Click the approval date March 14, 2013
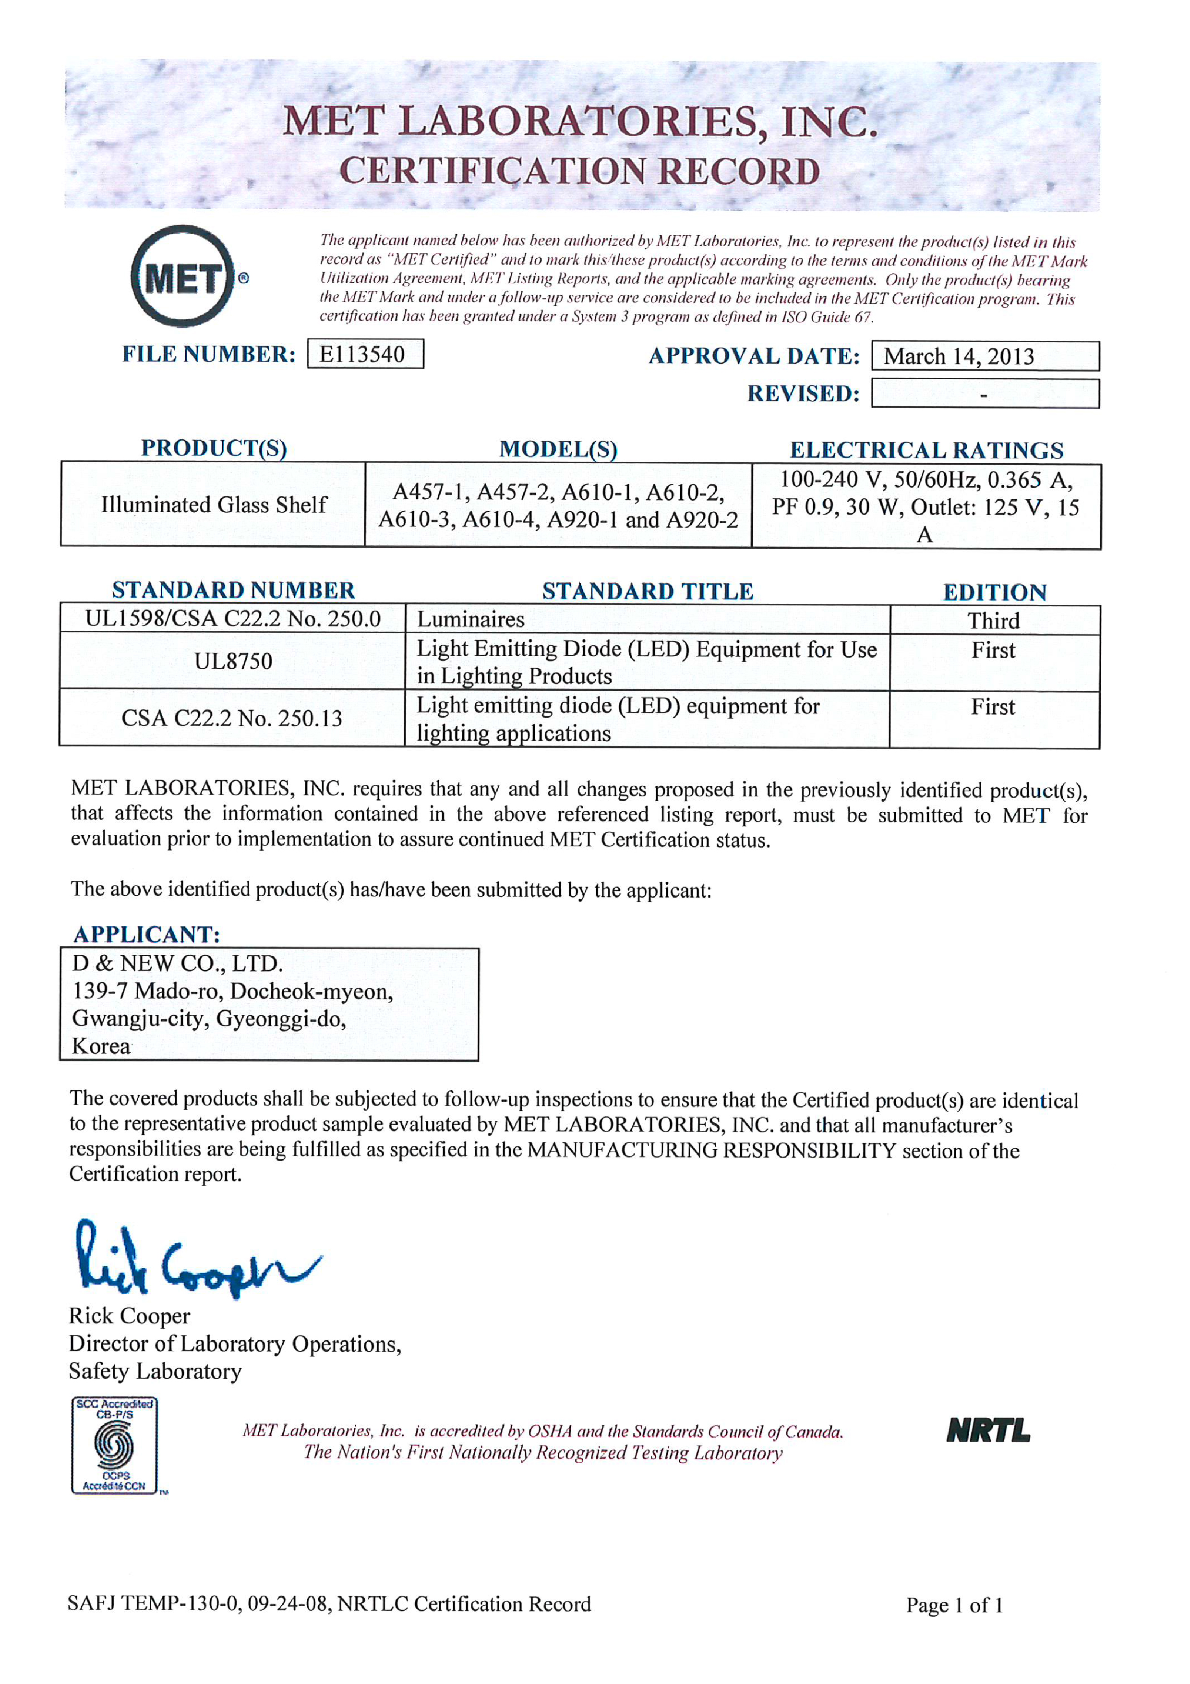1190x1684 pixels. pos(959,357)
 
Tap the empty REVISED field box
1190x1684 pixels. pos(984,394)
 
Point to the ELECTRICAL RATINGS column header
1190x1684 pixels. pos(926,450)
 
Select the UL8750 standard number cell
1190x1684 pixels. pos(233,662)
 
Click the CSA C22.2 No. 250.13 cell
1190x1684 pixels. pos(232,718)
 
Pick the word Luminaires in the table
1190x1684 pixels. pos(471,620)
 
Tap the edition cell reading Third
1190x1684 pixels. pos(994,621)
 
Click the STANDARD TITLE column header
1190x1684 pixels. pos(648,591)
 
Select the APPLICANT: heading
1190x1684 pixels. pos(146,935)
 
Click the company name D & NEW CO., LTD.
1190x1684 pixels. pos(178,963)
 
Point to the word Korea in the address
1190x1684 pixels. pos(101,1046)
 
